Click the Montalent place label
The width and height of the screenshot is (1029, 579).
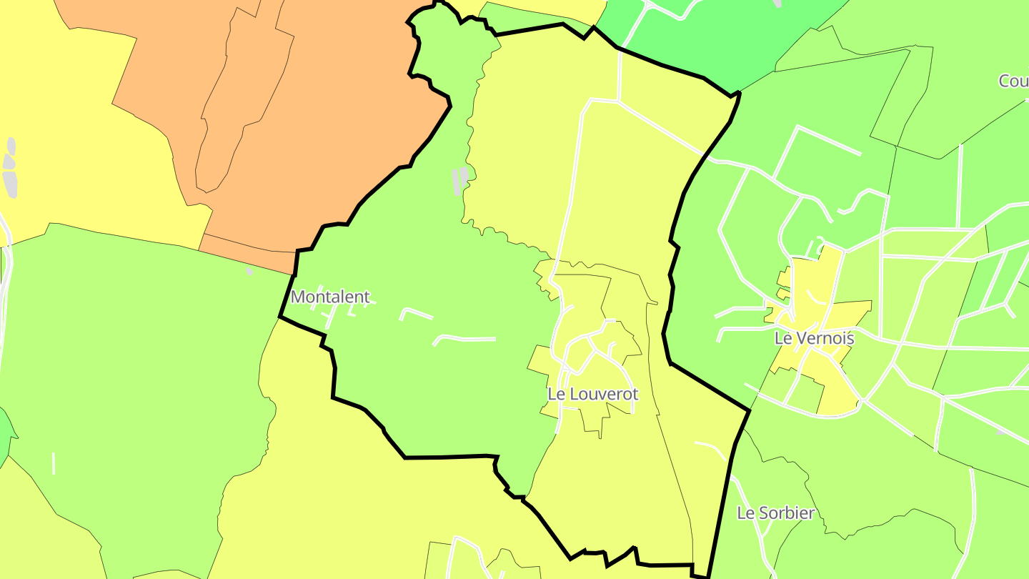click(330, 297)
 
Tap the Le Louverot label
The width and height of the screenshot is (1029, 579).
click(592, 394)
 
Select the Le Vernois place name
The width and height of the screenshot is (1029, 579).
click(814, 338)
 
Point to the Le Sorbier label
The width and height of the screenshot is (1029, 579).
click(775, 513)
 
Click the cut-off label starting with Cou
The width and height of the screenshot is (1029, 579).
click(1014, 81)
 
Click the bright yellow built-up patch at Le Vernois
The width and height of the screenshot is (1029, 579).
click(822, 286)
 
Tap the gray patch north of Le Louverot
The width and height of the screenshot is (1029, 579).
click(461, 180)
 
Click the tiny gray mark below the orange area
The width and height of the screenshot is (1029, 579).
click(249, 271)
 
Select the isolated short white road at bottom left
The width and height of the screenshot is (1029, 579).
click(54, 463)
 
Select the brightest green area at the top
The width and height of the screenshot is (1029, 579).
click(715, 36)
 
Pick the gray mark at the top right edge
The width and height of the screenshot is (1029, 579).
click(777, 3)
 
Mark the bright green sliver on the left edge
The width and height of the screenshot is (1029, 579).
click(6, 432)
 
